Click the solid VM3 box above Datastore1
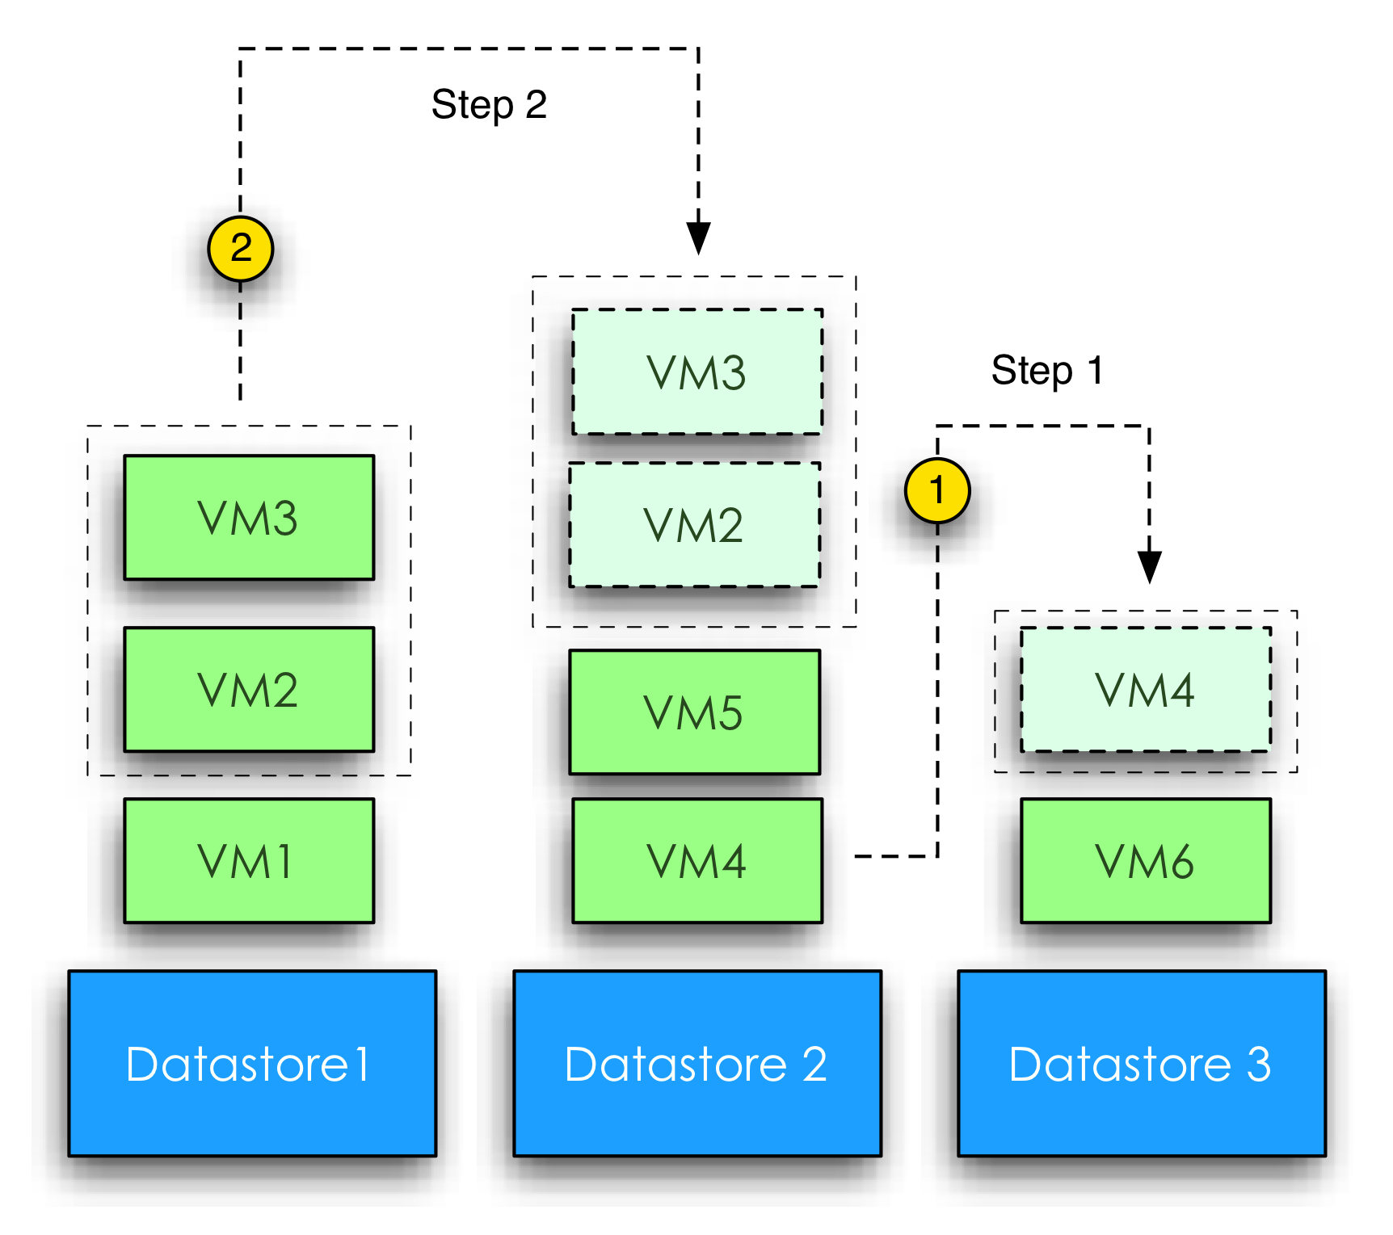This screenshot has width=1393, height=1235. click(x=249, y=518)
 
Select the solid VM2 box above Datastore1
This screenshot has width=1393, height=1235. click(x=249, y=690)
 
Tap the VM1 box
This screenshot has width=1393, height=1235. click(x=249, y=861)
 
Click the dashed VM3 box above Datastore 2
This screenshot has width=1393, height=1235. click(x=697, y=372)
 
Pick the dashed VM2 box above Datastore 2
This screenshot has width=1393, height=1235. click(x=694, y=525)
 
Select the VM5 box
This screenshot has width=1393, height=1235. click(x=694, y=712)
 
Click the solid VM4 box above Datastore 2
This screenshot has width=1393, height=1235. click(x=697, y=861)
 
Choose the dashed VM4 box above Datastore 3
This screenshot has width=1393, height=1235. click(x=1146, y=690)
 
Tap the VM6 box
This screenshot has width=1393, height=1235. click(x=1146, y=861)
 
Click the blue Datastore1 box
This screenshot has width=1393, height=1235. click(x=252, y=1064)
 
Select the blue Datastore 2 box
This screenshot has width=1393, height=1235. click(x=697, y=1064)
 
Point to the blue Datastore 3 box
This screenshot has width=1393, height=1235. click(x=1142, y=1064)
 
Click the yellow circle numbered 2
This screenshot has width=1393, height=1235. click(x=241, y=249)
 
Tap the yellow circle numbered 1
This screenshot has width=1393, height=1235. click(x=937, y=490)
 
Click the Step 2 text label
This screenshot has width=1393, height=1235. click(x=489, y=105)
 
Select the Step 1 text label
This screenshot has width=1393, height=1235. click(x=1046, y=371)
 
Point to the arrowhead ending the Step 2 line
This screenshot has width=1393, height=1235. click(x=698, y=238)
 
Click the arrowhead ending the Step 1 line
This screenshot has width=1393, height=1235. click(x=1149, y=567)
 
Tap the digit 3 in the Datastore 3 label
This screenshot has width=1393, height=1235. click(x=1258, y=1065)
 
